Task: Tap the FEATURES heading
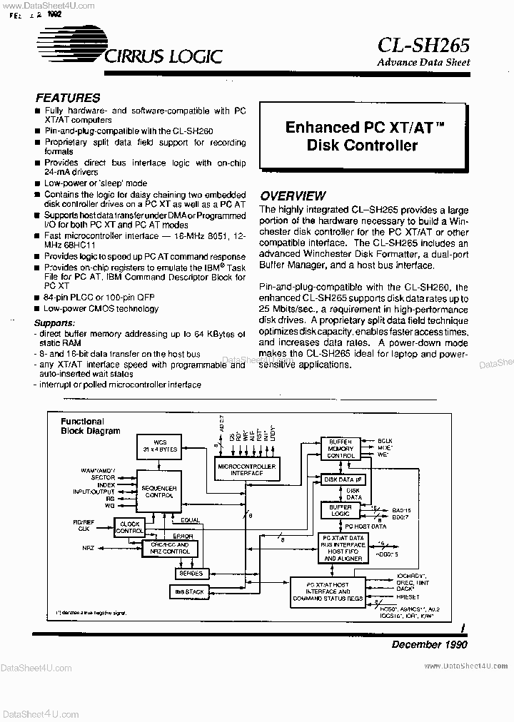pos(68,98)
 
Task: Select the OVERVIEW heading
pos(293,196)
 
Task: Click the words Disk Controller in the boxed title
pos(362,146)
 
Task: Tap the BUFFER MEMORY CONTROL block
pos(341,449)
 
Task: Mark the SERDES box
pos(191,573)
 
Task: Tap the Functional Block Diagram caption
pos(91,427)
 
